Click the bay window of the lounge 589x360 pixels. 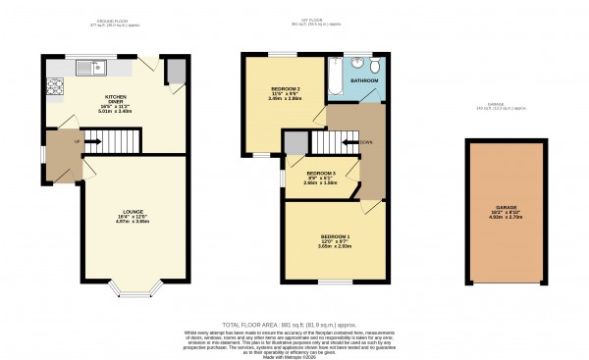click(x=131, y=288)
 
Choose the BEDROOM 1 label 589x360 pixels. click(x=334, y=237)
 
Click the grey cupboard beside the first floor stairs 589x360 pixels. click(x=294, y=143)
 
